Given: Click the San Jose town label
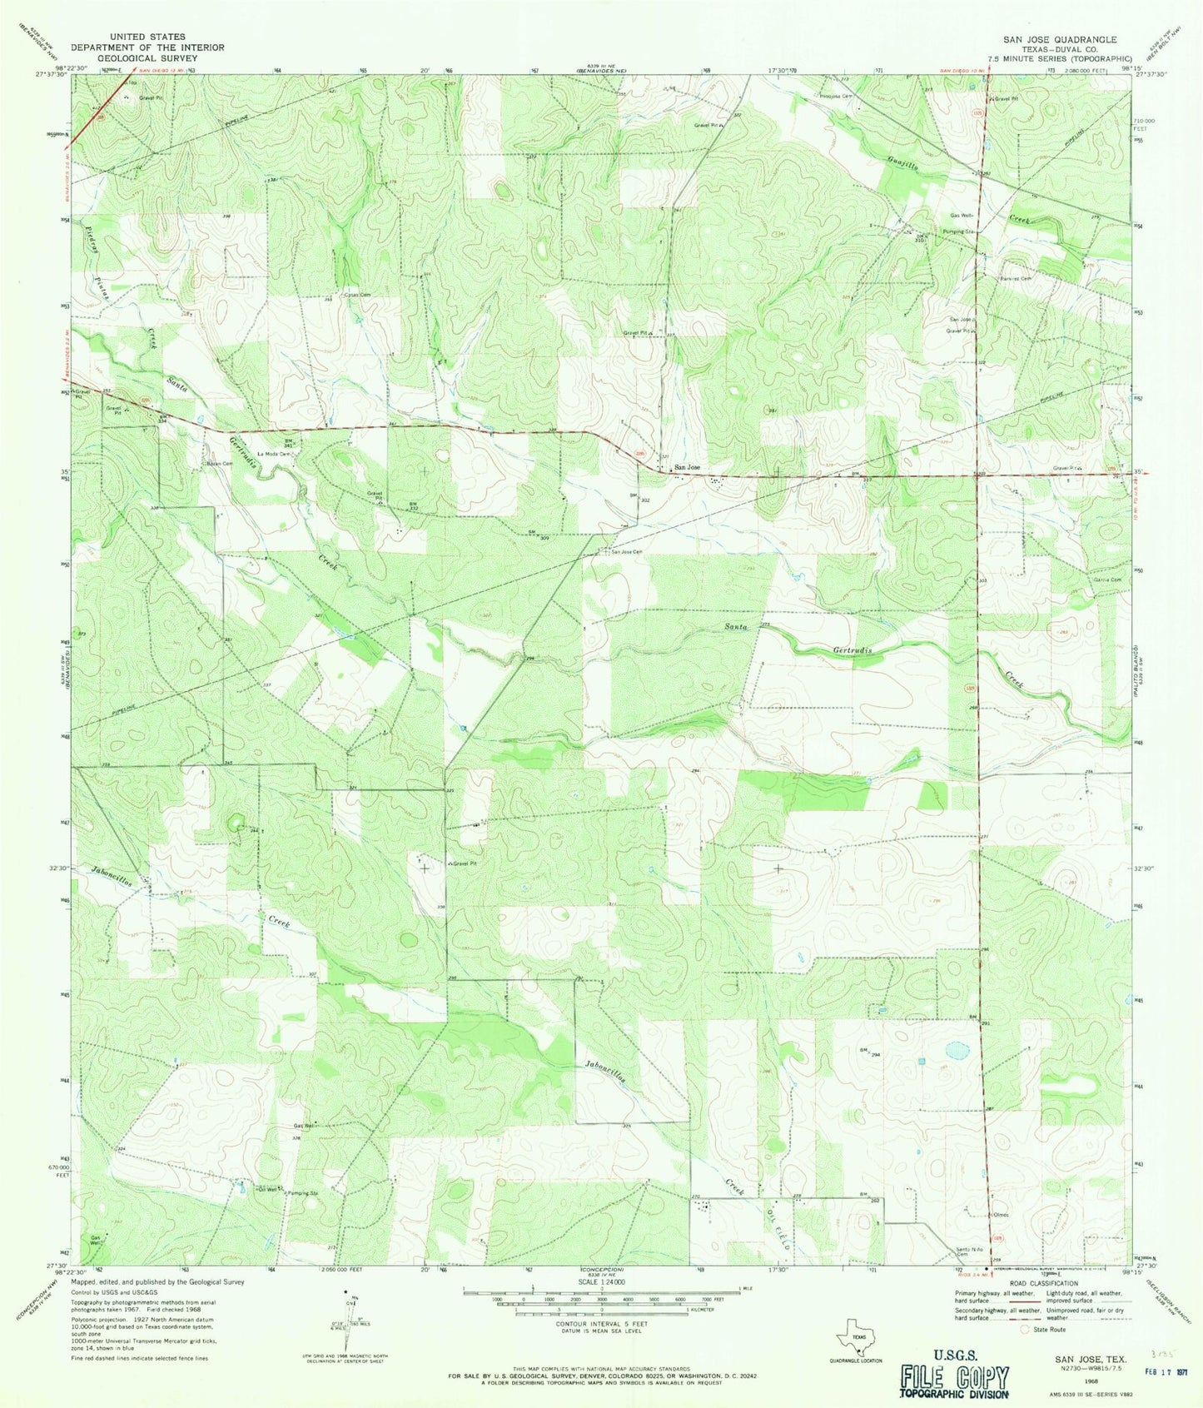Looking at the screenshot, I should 688,467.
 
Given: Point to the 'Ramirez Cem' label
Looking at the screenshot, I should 1015,278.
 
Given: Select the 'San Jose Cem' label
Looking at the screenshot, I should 627,551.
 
